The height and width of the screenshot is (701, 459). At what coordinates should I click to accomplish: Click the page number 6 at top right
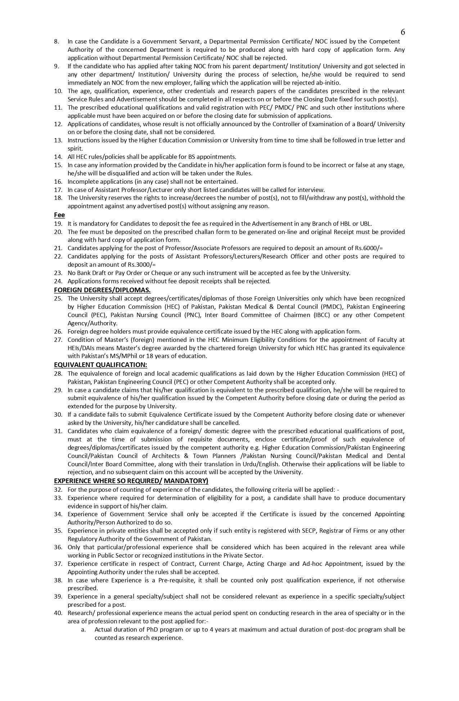[x=402, y=32]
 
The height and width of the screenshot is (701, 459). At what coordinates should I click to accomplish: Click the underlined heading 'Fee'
[x=59, y=215]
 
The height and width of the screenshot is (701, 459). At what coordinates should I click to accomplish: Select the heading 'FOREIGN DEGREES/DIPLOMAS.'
[x=102, y=290]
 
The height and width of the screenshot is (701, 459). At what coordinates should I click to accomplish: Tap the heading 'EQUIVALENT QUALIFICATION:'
[x=100, y=365]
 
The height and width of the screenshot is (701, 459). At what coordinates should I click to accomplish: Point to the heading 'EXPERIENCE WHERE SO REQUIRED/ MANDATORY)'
[x=131, y=481]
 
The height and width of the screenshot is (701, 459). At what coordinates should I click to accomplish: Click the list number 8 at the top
[x=57, y=41]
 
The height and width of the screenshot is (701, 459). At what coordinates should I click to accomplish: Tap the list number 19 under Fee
[x=58, y=224]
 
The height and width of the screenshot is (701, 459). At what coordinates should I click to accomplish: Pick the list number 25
[x=58, y=298]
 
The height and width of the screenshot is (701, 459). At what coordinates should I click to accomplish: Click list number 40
[x=58, y=613]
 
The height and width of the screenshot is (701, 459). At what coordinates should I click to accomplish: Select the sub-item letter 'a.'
[x=83, y=629]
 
